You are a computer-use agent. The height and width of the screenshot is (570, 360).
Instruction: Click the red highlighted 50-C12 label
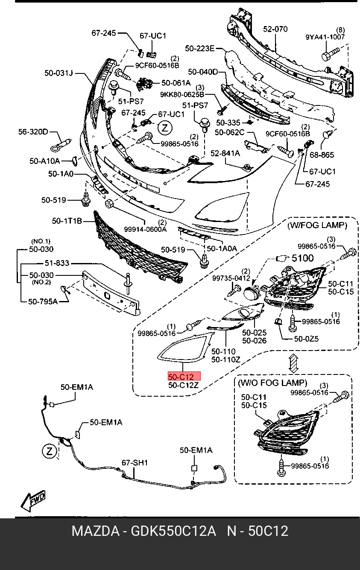[x=184, y=377]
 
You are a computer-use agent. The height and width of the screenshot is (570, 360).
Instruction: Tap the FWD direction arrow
[x=33, y=501]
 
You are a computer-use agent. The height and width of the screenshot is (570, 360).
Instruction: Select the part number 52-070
[x=275, y=29]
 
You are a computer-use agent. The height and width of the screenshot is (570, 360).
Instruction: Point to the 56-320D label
[x=33, y=132]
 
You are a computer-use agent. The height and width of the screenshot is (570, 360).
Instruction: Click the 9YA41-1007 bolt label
[x=325, y=37]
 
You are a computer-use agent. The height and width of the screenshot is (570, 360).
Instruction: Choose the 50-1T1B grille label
[x=67, y=221]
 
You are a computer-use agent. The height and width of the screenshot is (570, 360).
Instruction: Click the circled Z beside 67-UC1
[x=164, y=127]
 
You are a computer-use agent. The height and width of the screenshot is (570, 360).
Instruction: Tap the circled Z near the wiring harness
[x=50, y=451]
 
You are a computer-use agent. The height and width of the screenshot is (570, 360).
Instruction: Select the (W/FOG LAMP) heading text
[x=316, y=225]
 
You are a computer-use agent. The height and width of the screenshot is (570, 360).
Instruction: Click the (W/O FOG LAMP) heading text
[x=272, y=383]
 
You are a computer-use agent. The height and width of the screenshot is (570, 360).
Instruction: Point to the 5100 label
[x=302, y=258]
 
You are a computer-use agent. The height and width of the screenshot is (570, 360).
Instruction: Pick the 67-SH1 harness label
[x=135, y=462]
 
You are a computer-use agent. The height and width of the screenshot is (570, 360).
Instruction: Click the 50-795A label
[x=43, y=301]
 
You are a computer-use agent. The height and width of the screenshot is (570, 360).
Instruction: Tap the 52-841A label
[x=225, y=152]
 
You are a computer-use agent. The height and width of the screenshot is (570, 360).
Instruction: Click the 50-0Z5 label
[x=306, y=339]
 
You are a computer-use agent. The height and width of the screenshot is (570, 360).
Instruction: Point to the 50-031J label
[x=59, y=73]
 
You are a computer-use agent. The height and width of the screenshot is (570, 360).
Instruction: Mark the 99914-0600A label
[x=145, y=229]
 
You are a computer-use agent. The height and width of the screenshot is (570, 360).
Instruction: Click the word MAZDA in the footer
[x=95, y=531]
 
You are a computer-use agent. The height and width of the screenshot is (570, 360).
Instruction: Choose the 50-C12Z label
[x=184, y=385]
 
